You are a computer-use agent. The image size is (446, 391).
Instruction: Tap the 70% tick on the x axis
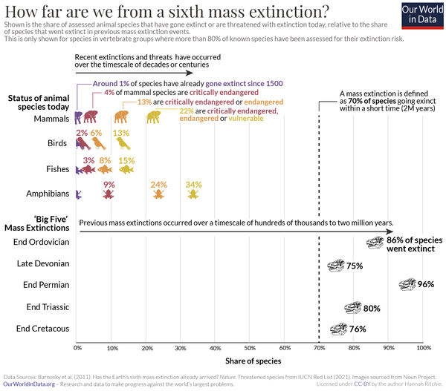[x=320, y=347]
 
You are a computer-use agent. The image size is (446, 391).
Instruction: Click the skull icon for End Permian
[x=407, y=284]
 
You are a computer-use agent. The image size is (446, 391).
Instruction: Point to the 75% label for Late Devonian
[x=355, y=266]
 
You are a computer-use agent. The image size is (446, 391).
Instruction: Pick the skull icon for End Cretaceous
[x=339, y=329]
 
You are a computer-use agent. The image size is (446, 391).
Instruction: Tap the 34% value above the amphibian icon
[x=193, y=184]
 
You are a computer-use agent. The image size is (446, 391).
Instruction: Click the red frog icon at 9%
[x=109, y=194]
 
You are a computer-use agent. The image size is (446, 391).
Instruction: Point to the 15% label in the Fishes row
[x=126, y=160]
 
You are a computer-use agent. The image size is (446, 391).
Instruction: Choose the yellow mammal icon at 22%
[x=153, y=117]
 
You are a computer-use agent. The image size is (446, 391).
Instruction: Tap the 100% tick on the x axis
[x=422, y=347]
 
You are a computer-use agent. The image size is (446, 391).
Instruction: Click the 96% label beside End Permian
[x=425, y=284]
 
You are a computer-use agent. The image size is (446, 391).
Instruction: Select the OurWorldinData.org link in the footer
[x=28, y=384]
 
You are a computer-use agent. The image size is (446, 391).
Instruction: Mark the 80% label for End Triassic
[x=372, y=308]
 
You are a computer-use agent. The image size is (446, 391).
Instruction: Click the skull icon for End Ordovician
[x=377, y=243]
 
